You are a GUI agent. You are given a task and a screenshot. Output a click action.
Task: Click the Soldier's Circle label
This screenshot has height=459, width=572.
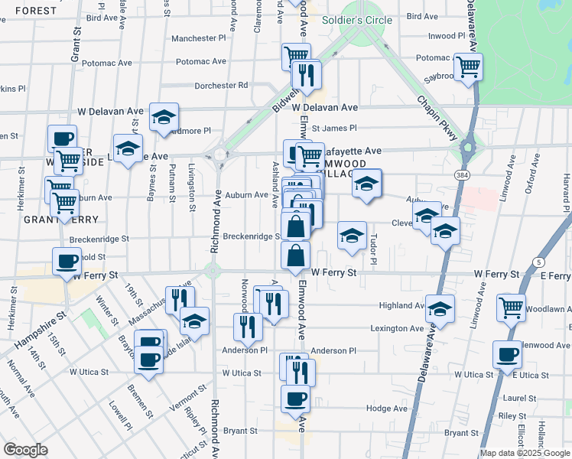pos(357,20)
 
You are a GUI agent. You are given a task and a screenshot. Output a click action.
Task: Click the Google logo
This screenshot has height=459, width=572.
pos(25,450)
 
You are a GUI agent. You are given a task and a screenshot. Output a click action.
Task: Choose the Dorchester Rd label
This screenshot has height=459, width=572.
pos(222,85)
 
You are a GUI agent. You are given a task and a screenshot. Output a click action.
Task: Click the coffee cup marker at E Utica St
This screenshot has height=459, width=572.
pos(508,354)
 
